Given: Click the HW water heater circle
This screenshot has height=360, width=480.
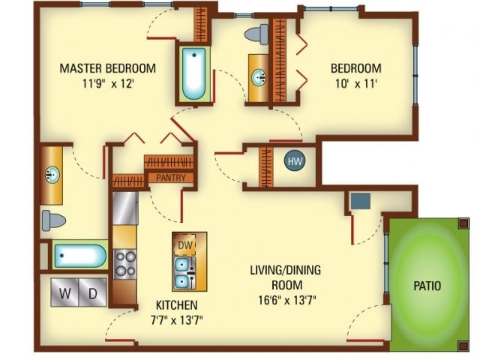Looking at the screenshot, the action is tap(295, 161).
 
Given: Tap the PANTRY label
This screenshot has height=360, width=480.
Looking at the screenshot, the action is tap(171, 178).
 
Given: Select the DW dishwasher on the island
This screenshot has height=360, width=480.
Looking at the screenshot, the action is tap(184, 244).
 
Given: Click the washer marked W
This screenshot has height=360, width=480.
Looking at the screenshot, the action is tap(65, 292).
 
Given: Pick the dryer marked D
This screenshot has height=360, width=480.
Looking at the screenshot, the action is tap(93, 292).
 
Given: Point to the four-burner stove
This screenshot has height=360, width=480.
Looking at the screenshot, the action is tap(125, 264).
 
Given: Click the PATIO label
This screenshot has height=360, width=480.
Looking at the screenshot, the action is tap(427, 286).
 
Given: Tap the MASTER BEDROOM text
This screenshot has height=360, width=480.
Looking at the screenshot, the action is tap(108, 68).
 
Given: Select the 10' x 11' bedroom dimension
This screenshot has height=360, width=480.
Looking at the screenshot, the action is tap(356, 83).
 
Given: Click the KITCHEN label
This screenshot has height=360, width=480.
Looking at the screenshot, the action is tap(177, 305).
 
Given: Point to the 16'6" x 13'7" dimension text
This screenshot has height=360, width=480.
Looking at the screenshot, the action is tap(286, 300).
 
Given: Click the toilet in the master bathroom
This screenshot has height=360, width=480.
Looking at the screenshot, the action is tap(54, 220).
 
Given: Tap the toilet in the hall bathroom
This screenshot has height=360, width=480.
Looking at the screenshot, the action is tap(256, 34).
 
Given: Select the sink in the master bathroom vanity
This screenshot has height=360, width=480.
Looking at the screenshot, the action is tap(52, 175).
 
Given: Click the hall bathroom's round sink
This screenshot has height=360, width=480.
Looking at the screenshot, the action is tap(259, 77).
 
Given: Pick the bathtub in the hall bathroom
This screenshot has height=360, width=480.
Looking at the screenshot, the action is tap(193, 73).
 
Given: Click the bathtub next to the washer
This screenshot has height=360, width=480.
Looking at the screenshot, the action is tap(80, 256).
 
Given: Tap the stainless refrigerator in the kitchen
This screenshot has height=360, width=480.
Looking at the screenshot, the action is tap(125, 208).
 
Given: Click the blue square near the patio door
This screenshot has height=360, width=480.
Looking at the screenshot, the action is tap(361, 201).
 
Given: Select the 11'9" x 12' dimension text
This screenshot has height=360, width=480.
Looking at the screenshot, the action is tap(108, 83).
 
